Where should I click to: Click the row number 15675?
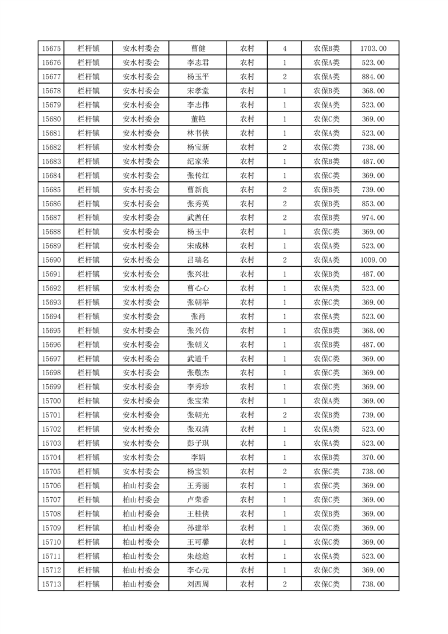click(51, 49)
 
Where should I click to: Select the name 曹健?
click(198, 49)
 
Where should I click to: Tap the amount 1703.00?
click(373, 49)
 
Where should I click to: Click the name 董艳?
click(198, 119)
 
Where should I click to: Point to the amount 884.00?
click(373, 77)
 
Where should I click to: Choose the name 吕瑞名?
click(198, 260)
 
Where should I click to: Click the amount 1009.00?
click(373, 260)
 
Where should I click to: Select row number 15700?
click(51, 401)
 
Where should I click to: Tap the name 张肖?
click(198, 316)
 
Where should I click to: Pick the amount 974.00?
click(373, 218)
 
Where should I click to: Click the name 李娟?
click(198, 458)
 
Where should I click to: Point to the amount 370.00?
click(373, 458)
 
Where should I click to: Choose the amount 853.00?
click(373, 204)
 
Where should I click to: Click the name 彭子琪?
click(198, 444)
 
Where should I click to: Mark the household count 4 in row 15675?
click(284, 49)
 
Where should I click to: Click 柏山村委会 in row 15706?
click(141, 486)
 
